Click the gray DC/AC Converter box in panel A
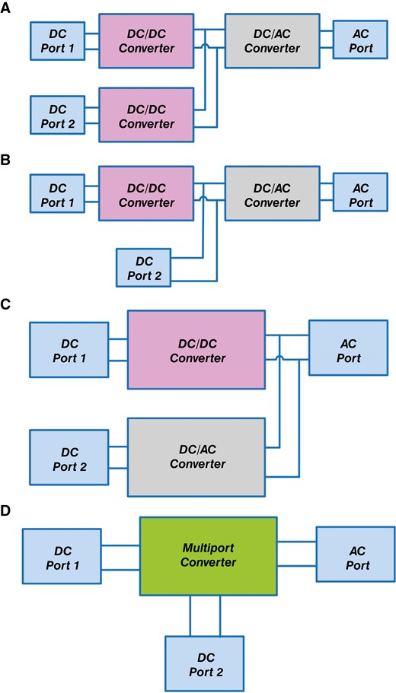click(272, 42)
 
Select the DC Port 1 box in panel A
click(57, 43)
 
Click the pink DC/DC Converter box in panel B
click(146, 196)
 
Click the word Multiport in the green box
click(209, 548)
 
